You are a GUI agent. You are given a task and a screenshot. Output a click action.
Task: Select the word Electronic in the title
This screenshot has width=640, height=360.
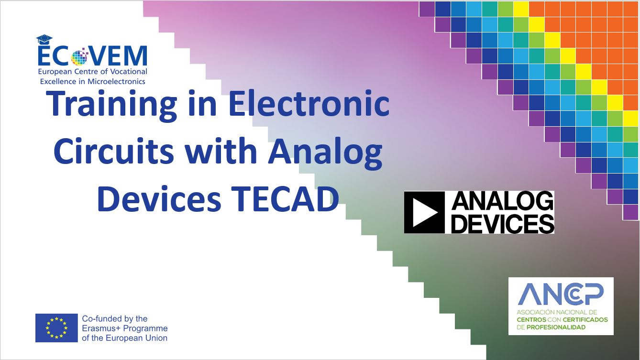point(309,103)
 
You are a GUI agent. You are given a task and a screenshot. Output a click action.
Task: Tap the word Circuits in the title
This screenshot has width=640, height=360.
point(114,151)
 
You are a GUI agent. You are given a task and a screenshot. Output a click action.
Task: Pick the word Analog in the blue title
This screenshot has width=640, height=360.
point(325,153)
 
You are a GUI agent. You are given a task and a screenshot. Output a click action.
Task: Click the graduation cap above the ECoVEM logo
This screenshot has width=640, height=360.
point(44,40)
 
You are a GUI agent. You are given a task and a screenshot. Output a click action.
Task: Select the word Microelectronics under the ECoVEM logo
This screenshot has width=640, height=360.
point(116,82)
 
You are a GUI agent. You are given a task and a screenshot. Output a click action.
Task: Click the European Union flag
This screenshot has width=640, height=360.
point(56,328)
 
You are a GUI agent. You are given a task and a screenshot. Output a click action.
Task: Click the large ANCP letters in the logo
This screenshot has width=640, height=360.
point(561,294)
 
